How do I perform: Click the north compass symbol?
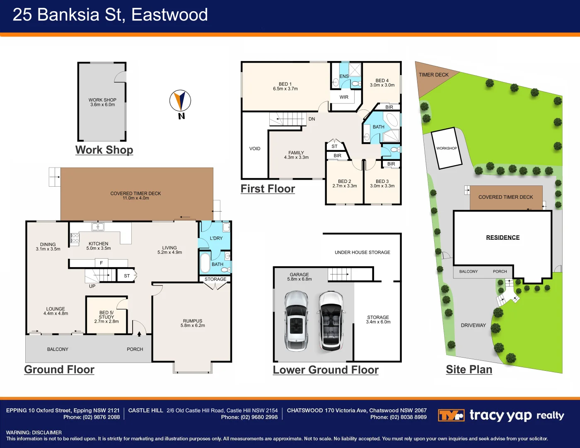click(180, 101)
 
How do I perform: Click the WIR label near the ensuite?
click(344, 97)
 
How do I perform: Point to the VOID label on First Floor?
click(255, 149)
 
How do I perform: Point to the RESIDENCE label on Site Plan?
click(503, 237)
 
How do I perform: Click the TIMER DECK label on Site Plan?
click(433, 75)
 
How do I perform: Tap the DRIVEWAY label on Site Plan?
click(473, 325)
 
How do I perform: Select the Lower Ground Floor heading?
click(326, 370)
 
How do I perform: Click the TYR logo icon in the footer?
click(451, 415)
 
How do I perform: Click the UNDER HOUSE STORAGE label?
click(362, 252)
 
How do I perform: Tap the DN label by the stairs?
click(312, 119)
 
